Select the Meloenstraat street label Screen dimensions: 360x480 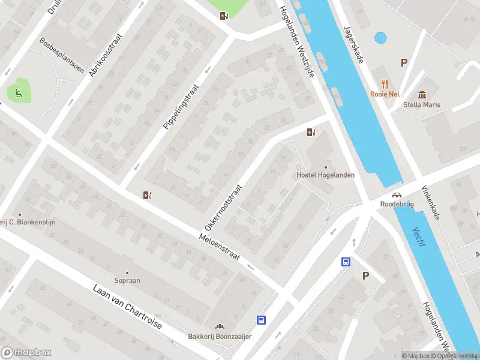[x=219, y=247]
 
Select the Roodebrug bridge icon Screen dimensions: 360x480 [x=397, y=195]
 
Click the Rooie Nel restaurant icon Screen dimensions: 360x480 [x=385, y=84]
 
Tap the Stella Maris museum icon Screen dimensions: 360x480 [x=422, y=94]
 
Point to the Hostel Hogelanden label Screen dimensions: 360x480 [x=325, y=175]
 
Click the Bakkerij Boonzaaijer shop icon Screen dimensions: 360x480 [x=220, y=326]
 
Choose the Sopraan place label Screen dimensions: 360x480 [x=127, y=280]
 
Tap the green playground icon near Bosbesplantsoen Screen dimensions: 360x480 [x=18, y=92]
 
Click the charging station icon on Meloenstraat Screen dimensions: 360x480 [x=147, y=194]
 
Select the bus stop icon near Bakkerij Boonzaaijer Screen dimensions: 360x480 [x=261, y=320]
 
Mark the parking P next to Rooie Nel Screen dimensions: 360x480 [x=404, y=62]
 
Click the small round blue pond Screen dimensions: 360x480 [x=380, y=38]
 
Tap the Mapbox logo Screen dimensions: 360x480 [x=26, y=353]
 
